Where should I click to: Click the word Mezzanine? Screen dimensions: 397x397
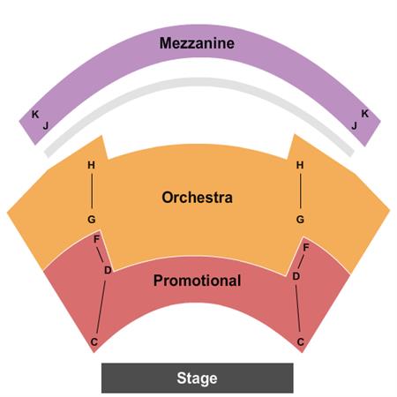(x=197, y=43)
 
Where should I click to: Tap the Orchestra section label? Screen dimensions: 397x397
(x=197, y=198)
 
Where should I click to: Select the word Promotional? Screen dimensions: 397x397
(x=197, y=281)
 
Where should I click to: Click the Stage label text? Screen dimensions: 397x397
(x=197, y=378)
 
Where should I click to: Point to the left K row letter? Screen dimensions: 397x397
(x=35, y=115)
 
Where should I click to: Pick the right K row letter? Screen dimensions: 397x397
(x=364, y=114)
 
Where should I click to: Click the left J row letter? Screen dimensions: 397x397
(x=46, y=126)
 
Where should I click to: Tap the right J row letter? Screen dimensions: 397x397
(x=355, y=126)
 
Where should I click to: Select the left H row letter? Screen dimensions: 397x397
(x=92, y=165)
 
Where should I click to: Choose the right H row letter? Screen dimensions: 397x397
(x=300, y=165)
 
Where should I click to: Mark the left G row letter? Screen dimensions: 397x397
(x=92, y=220)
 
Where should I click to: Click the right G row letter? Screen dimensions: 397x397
(x=300, y=220)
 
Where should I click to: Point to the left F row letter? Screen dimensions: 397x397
(x=96, y=239)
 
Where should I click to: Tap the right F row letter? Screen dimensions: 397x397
(x=306, y=248)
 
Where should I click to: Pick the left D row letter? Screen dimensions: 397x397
(x=108, y=270)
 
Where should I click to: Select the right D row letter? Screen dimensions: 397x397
(x=296, y=276)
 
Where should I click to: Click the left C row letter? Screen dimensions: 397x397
(x=94, y=342)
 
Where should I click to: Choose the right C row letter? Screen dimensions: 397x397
(x=300, y=342)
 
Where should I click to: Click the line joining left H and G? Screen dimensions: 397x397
(x=92, y=191)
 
